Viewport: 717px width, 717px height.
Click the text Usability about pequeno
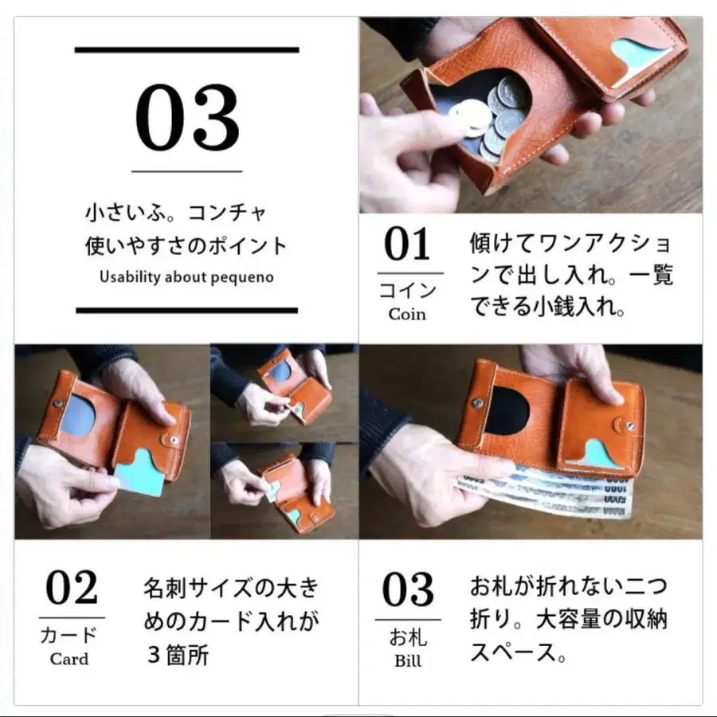point(186,277)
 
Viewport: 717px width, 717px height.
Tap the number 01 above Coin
point(407,245)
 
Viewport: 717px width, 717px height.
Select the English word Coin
point(407,314)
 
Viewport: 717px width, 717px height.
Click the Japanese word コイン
point(407,288)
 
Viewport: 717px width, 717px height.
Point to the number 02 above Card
point(71,590)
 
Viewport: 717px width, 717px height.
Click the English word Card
point(69,659)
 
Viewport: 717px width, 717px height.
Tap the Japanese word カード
point(69,635)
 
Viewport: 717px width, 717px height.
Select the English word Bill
point(408,661)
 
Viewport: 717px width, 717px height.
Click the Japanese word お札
point(408,637)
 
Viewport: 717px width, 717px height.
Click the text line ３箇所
point(177,656)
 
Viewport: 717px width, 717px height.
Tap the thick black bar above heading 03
point(186,49)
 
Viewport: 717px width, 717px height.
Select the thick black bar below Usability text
point(186,310)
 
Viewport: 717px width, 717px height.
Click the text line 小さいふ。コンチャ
point(176,214)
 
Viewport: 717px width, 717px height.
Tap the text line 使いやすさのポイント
point(186,246)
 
